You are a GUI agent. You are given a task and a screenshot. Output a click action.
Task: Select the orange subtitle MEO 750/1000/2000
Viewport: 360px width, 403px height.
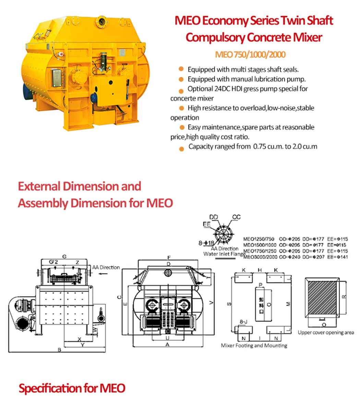click(x=250, y=55)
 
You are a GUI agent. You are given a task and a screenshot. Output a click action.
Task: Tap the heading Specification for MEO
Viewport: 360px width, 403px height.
click(x=72, y=388)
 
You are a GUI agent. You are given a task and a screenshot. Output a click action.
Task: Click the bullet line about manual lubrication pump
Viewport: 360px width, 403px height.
click(x=246, y=79)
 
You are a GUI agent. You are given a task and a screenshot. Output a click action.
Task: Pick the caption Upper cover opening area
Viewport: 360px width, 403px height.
click(x=326, y=332)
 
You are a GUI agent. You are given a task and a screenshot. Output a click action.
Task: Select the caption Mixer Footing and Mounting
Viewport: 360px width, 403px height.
click(x=254, y=345)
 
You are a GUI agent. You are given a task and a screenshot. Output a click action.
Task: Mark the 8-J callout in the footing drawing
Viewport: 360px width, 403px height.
click(x=243, y=322)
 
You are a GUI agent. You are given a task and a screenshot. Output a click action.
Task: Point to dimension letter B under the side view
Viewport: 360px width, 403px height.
click(x=59, y=350)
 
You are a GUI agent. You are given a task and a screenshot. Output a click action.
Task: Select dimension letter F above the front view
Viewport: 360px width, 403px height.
click(x=169, y=257)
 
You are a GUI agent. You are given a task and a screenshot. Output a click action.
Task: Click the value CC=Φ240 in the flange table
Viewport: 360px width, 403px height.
click(x=289, y=257)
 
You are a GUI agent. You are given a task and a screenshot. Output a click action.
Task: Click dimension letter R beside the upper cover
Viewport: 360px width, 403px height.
click(x=344, y=296)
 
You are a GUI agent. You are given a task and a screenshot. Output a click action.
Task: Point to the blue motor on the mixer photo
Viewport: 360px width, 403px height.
click(x=26, y=90)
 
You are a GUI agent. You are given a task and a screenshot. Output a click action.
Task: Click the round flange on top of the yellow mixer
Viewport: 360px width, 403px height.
click(x=101, y=20)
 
